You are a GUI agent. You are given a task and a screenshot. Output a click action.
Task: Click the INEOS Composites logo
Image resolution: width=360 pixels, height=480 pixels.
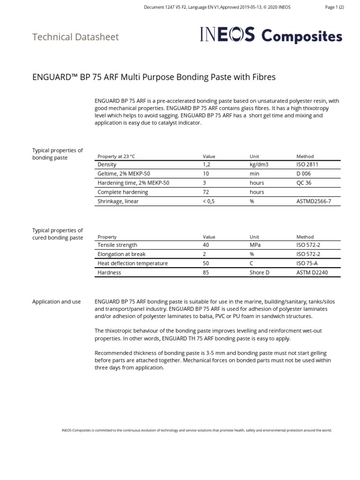tap(271, 36)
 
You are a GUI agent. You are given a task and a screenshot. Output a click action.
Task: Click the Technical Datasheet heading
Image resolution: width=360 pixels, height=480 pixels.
tap(75, 37)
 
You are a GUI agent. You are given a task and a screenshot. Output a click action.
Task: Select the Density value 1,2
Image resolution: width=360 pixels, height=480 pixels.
tap(206, 165)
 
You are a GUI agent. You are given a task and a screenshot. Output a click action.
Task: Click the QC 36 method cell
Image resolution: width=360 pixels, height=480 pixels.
tap(304, 183)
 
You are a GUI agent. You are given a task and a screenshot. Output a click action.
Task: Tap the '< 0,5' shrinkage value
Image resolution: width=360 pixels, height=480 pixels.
tap(209, 201)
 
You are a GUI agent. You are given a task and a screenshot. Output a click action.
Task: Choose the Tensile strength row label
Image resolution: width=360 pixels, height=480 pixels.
tap(117, 245)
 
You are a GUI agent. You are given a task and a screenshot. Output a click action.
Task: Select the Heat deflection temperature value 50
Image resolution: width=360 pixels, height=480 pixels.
tap(206, 263)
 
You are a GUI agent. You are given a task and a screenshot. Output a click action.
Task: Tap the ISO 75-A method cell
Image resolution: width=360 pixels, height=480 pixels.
tap(307, 263)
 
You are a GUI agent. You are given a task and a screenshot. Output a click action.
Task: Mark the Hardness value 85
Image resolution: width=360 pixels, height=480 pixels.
tap(206, 272)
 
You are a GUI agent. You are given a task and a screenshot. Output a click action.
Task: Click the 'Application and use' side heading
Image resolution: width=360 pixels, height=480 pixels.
tap(56, 302)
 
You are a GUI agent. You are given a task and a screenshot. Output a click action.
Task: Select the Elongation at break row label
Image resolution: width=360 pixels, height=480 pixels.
tap(121, 254)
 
